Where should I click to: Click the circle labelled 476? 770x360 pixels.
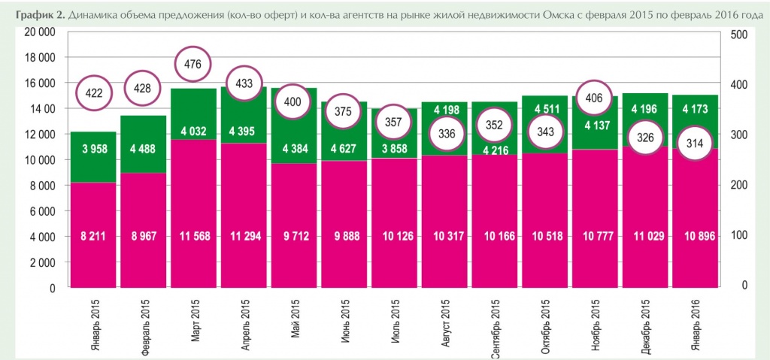192,65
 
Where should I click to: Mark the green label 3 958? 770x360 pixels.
93,148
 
